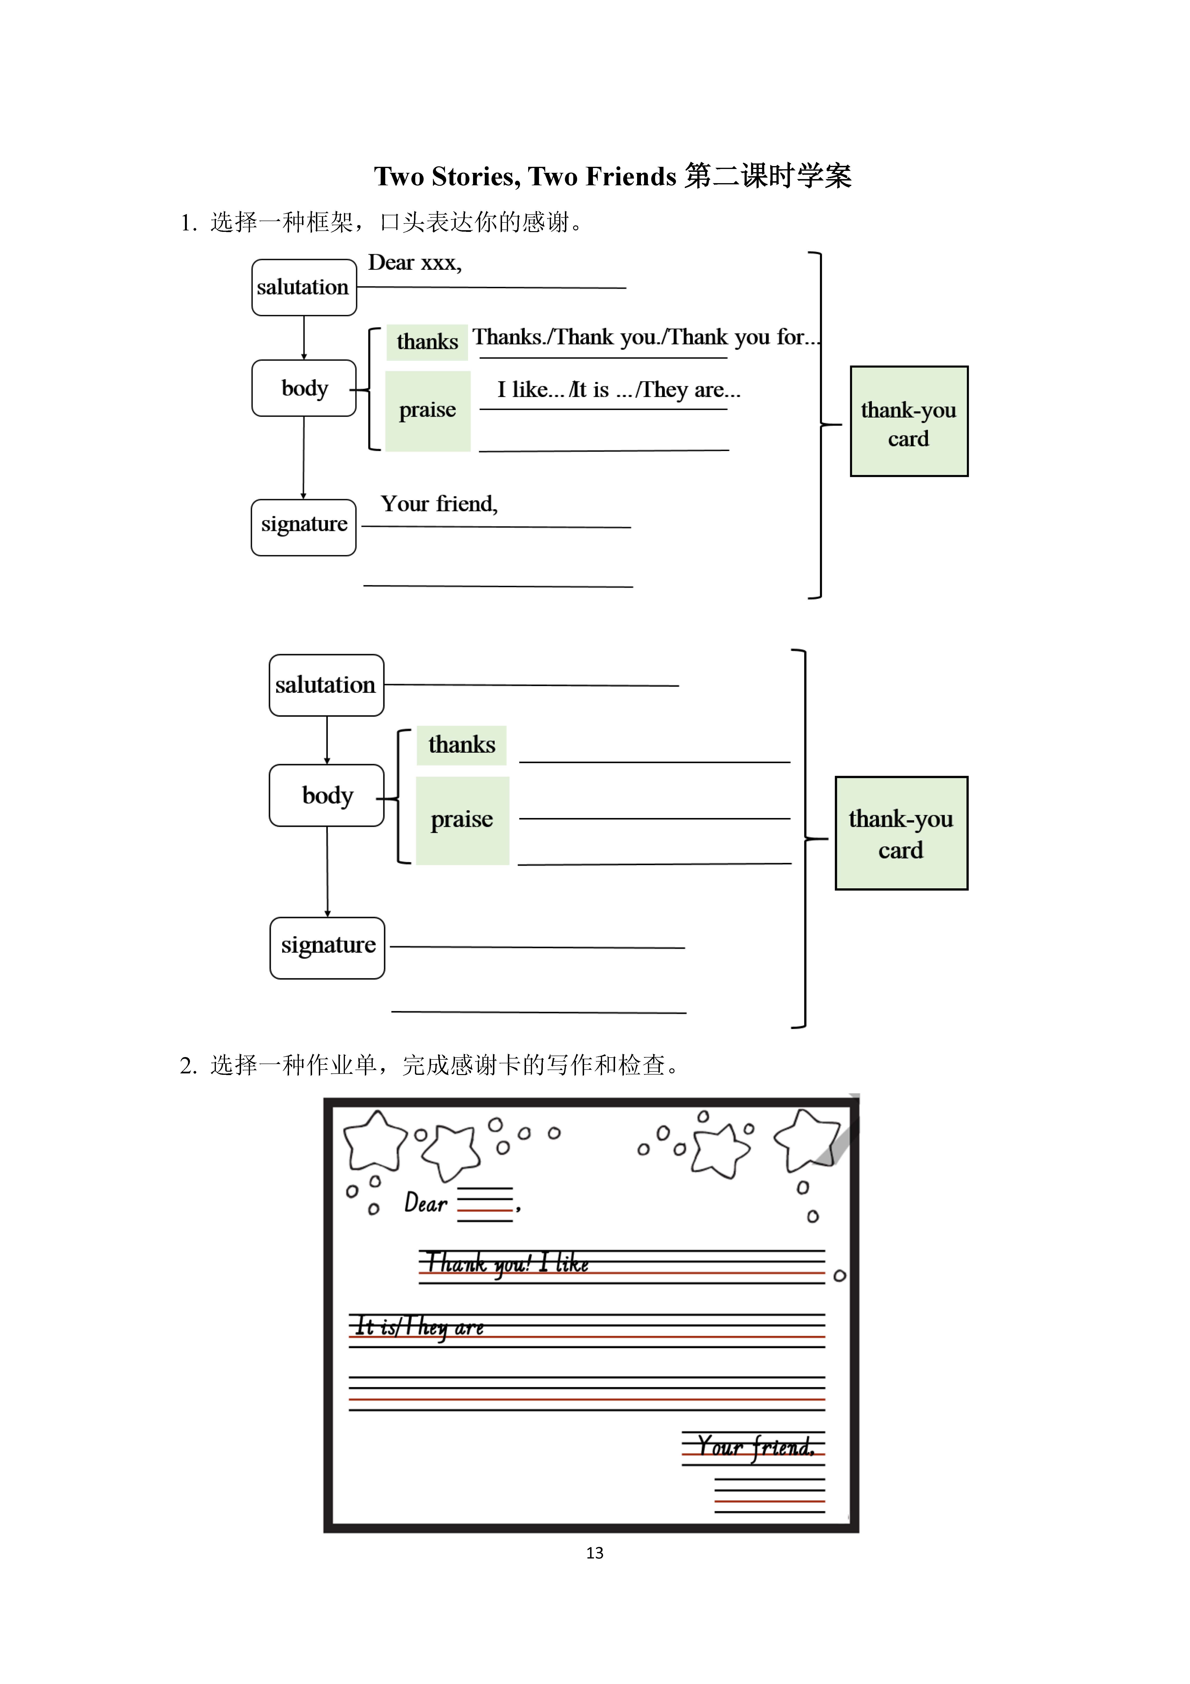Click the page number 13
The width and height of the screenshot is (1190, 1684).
[x=595, y=1553]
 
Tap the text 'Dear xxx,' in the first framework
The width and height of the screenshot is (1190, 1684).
[x=415, y=263]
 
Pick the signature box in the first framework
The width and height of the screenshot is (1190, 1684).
[x=303, y=527]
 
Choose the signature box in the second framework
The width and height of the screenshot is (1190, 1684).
[x=328, y=948]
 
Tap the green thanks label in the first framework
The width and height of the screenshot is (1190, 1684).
[x=427, y=342]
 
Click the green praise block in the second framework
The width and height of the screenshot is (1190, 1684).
[x=463, y=820]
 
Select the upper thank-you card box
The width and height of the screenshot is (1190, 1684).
[x=909, y=421]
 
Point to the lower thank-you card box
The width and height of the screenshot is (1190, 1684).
[x=902, y=833]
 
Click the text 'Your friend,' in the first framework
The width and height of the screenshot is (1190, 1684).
[x=439, y=504]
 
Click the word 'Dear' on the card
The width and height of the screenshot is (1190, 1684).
[x=426, y=1203]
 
